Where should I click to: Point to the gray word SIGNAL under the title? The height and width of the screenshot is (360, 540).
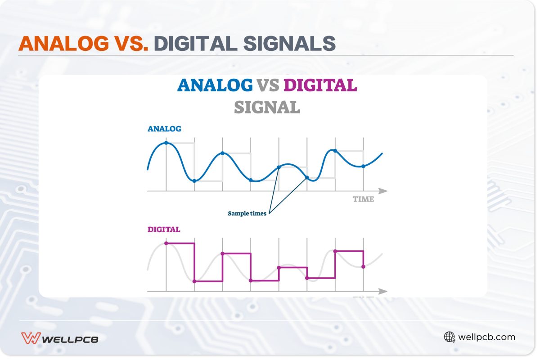(267, 107)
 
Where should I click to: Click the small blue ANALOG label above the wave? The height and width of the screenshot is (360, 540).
(164, 129)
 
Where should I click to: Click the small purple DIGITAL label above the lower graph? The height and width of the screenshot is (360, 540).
(164, 229)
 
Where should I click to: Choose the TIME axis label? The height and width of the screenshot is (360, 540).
(363, 199)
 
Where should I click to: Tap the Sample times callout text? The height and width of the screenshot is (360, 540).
(247, 213)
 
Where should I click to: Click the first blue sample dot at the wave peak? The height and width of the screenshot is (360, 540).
(166, 143)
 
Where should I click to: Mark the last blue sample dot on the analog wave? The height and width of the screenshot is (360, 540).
(363, 166)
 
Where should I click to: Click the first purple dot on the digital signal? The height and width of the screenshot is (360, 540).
(166, 243)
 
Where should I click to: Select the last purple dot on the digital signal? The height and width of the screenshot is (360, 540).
(363, 267)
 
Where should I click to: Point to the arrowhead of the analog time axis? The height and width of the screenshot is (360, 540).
(383, 191)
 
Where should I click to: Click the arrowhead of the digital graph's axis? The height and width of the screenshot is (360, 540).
(383, 292)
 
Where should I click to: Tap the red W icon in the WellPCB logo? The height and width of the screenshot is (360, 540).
(31, 337)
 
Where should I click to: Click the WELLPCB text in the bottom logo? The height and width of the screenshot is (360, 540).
(70, 338)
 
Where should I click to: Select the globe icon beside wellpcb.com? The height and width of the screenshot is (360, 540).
(449, 337)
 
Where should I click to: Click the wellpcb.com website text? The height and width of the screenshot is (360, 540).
(486, 337)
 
